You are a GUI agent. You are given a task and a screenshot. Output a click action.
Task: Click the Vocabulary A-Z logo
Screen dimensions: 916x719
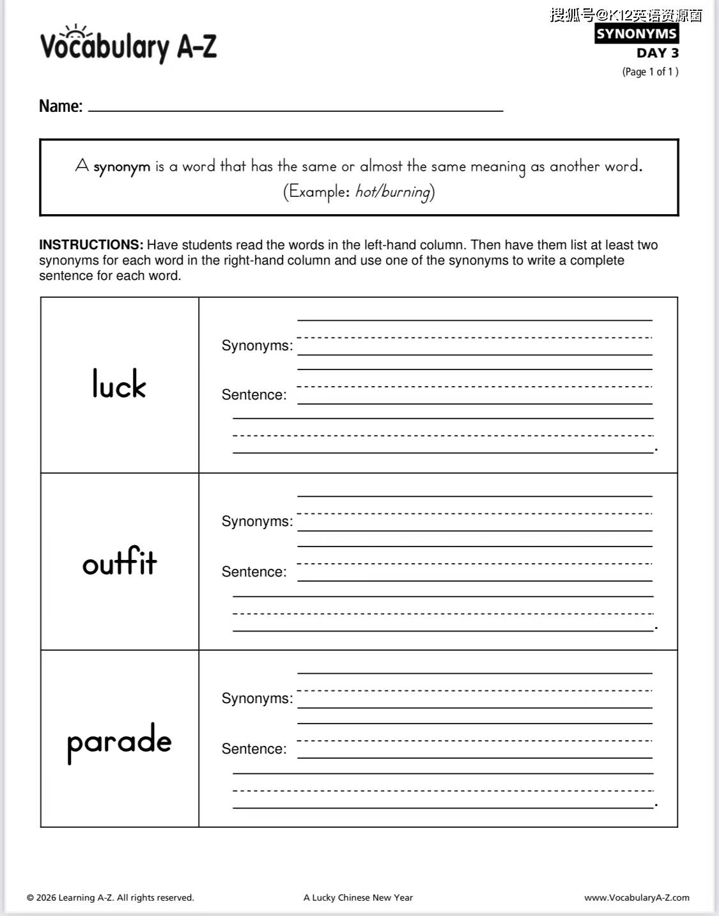128,45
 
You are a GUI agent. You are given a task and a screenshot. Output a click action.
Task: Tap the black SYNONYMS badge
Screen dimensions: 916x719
636,34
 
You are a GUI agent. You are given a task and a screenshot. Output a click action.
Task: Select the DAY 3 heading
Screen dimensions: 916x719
657,53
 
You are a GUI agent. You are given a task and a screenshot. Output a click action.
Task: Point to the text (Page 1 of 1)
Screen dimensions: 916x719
650,72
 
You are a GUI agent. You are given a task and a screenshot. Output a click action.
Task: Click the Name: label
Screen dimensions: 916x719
61,106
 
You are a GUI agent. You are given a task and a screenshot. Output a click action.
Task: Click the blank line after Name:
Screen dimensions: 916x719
295,109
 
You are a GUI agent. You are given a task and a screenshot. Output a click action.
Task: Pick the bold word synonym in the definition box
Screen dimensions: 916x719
121,167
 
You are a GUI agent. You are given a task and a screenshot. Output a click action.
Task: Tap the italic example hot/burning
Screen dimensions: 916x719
392,192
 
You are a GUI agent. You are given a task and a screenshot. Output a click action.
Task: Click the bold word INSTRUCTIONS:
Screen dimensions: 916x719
91,245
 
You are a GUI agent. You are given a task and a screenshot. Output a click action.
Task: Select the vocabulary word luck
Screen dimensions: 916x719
119,384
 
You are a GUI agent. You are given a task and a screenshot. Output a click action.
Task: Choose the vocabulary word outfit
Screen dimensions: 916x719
120,562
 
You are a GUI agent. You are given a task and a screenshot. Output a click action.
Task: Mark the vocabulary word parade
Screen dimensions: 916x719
120,741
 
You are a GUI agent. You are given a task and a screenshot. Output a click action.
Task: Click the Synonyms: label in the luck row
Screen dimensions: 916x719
257,346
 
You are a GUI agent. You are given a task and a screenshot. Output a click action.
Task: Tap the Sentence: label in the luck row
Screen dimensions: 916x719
254,395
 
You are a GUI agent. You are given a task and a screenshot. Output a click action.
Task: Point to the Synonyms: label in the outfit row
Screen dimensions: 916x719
257,522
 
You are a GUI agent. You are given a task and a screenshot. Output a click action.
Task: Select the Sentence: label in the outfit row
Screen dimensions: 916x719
254,572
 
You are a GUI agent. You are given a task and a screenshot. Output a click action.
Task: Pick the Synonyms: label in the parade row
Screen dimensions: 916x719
257,699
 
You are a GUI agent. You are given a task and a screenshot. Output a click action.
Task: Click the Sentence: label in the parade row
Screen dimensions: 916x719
254,749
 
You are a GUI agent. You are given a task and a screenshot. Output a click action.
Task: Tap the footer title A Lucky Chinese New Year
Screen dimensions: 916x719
358,897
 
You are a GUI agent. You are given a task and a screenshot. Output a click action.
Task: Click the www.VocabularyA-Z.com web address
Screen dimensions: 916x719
637,897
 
